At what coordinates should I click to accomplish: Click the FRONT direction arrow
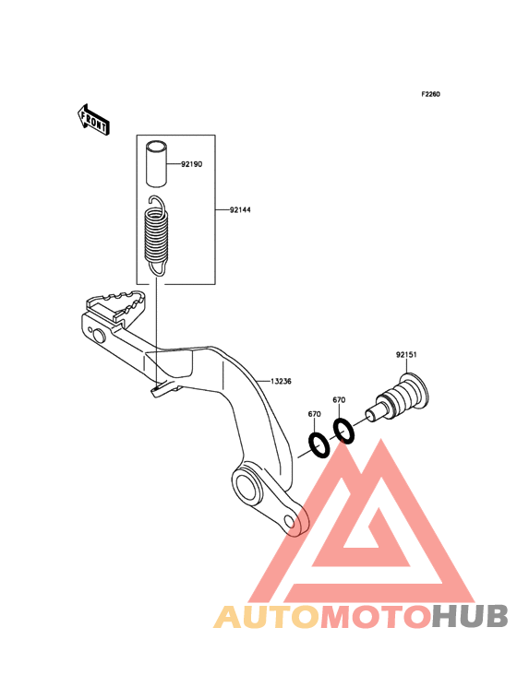point(93,120)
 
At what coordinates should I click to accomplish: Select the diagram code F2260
point(430,94)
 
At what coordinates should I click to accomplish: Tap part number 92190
point(191,164)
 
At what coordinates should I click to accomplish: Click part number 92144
point(240,210)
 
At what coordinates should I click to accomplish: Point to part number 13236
point(281,381)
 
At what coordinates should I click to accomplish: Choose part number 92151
point(406,355)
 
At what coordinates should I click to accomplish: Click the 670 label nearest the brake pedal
point(314,414)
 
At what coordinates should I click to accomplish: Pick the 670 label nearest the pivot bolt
point(339,400)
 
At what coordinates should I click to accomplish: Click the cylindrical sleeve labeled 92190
point(156,164)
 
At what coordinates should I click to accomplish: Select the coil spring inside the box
point(156,235)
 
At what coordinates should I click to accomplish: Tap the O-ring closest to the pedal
point(319,445)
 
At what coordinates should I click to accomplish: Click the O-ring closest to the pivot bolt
point(344,431)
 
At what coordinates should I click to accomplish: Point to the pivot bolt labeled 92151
point(398,397)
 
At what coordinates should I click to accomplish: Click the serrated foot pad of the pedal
point(115,305)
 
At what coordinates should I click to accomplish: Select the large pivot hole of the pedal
point(246,487)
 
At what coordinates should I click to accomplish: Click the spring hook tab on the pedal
point(163,388)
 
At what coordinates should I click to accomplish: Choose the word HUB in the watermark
point(471,616)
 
